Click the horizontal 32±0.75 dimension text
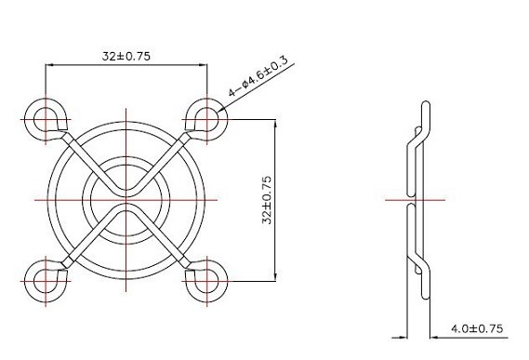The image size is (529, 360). tap(126, 56)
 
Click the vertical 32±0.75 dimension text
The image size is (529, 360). tap(267, 200)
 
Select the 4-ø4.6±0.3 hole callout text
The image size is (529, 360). tap(258, 76)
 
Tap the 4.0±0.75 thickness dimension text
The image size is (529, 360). tap(477, 328)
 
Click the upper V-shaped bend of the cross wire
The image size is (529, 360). tap(126, 193)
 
